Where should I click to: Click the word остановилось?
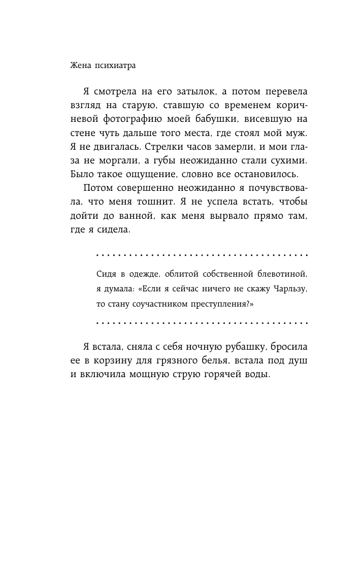click(267, 174)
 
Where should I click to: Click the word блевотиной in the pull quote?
click(281, 275)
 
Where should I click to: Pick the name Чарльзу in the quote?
click(287, 289)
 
